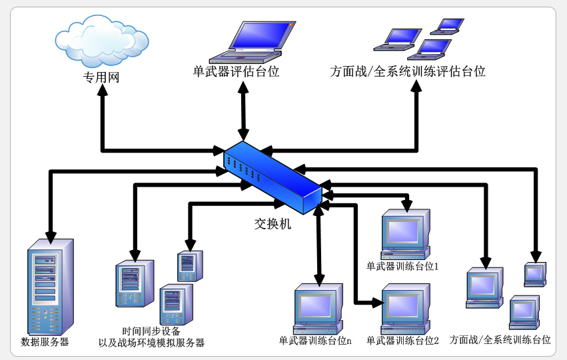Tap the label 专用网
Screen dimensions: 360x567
click(101, 77)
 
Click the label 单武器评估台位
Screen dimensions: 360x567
click(236, 71)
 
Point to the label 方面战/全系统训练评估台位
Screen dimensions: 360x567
click(407, 71)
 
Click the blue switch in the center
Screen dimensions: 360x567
click(273, 177)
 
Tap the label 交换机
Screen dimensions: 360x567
click(273, 224)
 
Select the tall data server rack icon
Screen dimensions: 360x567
click(49, 287)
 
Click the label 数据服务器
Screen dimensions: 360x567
click(45, 342)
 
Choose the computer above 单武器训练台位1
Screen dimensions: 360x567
click(404, 233)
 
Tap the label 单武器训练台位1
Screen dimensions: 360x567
click(406, 266)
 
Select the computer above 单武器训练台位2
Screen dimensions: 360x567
click(404, 308)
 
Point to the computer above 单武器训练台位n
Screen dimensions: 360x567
click(318, 308)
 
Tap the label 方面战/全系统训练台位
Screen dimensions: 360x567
click(500, 340)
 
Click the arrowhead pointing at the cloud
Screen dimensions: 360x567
click(103, 93)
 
